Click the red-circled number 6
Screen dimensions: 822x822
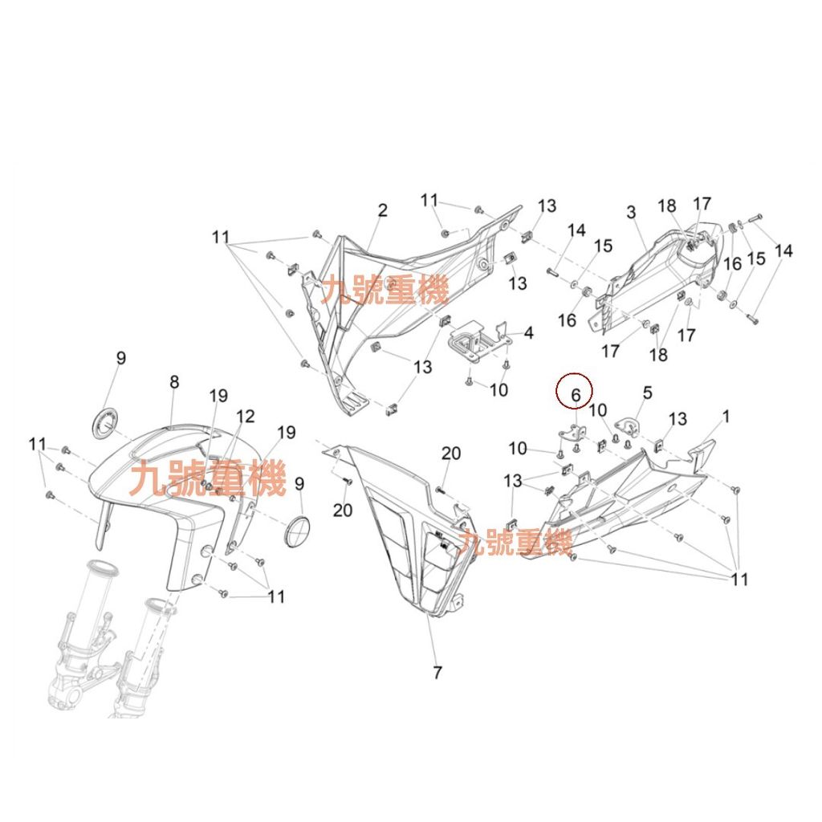coord(575,393)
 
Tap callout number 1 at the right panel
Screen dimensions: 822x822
coord(726,417)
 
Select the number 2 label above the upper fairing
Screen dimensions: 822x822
coord(383,210)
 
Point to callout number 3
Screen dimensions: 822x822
coord(631,212)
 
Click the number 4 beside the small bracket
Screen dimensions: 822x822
coord(528,332)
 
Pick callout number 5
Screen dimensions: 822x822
coord(648,393)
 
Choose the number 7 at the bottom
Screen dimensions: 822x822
coord(437,673)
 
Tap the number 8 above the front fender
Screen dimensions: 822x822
coord(174,383)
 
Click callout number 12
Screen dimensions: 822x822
coord(246,416)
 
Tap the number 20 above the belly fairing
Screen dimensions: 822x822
coord(451,454)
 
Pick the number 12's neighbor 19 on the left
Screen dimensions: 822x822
coord(218,396)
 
